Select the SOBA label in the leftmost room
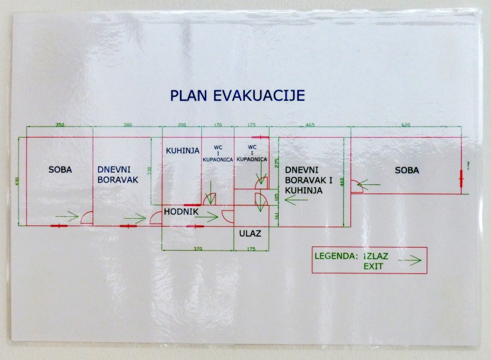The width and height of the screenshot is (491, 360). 60,170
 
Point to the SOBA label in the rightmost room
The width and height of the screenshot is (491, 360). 408,170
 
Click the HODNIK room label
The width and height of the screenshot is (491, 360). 180,212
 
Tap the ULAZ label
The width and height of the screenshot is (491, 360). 251,233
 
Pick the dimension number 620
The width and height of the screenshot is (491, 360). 406,125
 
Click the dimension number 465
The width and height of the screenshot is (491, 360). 310,125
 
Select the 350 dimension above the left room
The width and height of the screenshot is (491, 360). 60,125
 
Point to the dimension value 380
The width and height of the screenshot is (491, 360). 127,125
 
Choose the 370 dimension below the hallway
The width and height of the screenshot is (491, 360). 198,248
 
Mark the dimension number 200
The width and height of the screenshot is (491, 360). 182,125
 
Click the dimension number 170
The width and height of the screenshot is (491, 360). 218,125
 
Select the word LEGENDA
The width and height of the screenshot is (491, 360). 333,256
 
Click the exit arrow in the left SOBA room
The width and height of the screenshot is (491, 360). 67,216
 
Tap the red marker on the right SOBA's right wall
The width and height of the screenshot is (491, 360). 461,178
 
